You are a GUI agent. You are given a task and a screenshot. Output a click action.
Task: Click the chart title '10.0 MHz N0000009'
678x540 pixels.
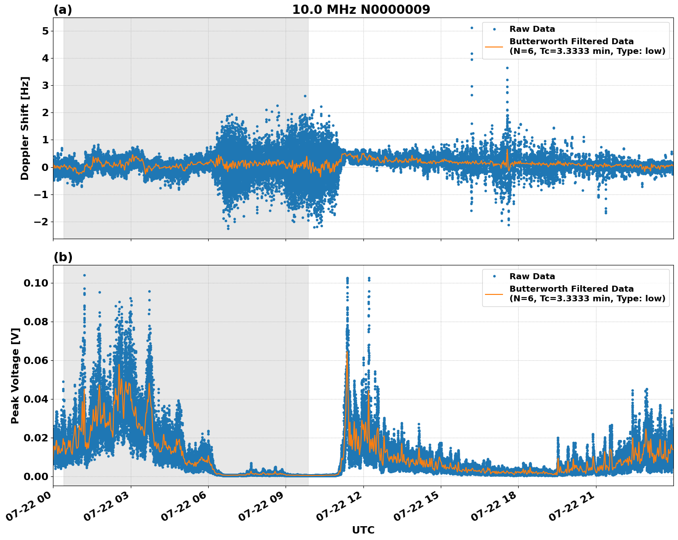361,10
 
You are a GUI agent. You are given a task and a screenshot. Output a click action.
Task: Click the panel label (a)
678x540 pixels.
63,10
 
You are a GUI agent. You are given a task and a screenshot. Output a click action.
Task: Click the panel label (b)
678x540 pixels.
63,257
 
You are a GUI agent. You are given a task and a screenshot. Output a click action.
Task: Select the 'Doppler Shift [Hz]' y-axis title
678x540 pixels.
25,128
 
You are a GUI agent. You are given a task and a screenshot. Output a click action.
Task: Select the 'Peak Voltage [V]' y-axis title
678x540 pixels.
15,376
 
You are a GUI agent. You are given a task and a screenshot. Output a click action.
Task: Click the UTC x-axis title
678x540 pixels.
363,530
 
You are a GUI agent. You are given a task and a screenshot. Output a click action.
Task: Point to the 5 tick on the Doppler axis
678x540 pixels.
45,31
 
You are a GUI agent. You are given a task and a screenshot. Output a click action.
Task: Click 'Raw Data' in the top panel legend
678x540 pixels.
532,29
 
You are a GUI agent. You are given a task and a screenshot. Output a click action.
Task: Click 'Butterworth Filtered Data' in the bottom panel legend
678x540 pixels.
571,289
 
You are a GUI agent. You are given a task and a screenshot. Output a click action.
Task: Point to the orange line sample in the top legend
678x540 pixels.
494,46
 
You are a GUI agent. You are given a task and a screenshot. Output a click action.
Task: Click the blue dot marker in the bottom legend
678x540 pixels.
494,276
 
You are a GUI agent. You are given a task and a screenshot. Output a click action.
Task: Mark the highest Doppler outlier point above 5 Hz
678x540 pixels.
472,28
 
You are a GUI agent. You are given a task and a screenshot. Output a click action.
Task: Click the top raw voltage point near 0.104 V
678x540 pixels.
84,275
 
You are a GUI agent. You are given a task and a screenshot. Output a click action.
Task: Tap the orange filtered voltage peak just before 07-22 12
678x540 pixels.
347,352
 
